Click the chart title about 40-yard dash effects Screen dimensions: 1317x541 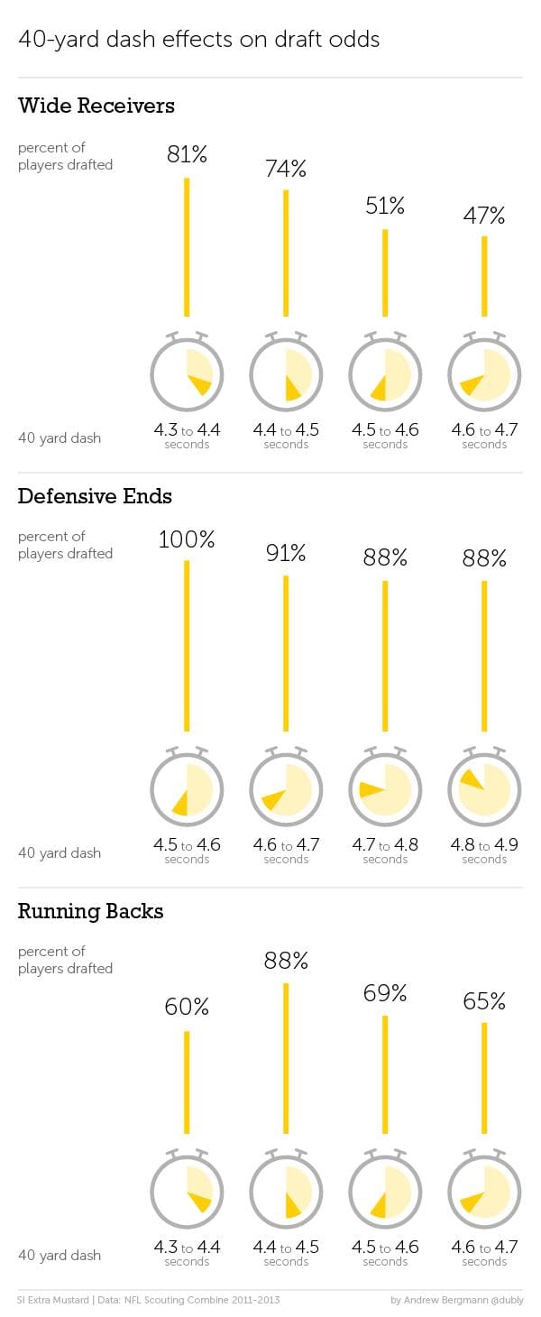click(x=198, y=40)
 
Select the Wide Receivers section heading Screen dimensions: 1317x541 click(x=96, y=106)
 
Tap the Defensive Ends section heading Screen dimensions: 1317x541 click(x=95, y=496)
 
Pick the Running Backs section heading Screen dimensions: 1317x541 click(x=90, y=911)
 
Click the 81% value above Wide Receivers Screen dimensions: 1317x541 click(x=187, y=154)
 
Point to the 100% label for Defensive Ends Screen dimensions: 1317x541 click(x=187, y=540)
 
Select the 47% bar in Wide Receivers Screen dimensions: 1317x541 click(x=484, y=276)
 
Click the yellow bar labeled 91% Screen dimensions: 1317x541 click(x=286, y=653)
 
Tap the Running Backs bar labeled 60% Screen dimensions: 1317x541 click(x=187, y=1082)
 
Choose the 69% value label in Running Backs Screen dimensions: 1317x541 click(x=385, y=994)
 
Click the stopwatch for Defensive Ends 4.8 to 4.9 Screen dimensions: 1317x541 click(x=484, y=787)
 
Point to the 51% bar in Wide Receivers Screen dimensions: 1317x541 click(x=385, y=272)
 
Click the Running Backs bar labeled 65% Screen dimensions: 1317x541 click(x=484, y=1078)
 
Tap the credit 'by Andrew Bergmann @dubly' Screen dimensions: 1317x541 click(x=456, y=1301)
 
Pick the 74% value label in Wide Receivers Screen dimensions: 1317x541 click(x=286, y=169)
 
